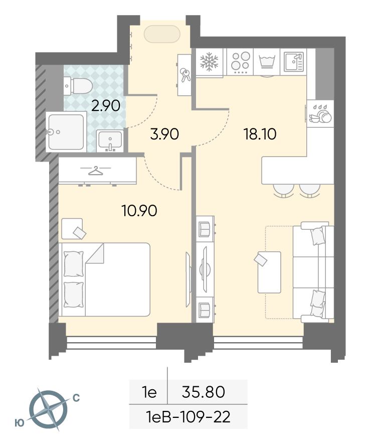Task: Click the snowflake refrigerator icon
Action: [209, 62]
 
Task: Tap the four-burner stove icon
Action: [240, 62]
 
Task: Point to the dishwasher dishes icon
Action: [320, 114]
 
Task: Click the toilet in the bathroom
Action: [78, 85]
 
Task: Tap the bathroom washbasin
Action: [110, 141]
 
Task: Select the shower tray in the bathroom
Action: [66, 132]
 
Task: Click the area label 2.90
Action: [106, 106]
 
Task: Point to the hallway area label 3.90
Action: [164, 134]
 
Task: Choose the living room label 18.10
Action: [260, 134]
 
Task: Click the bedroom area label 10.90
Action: [139, 211]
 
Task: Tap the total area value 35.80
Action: [204, 392]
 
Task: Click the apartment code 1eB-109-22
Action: [188, 417]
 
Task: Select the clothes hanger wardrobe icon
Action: [95, 171]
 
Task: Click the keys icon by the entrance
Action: [185, 75]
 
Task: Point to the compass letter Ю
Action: [20, 423]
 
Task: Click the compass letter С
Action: [76, 398]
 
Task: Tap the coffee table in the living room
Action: [269, 272]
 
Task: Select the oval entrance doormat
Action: [162, 34]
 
